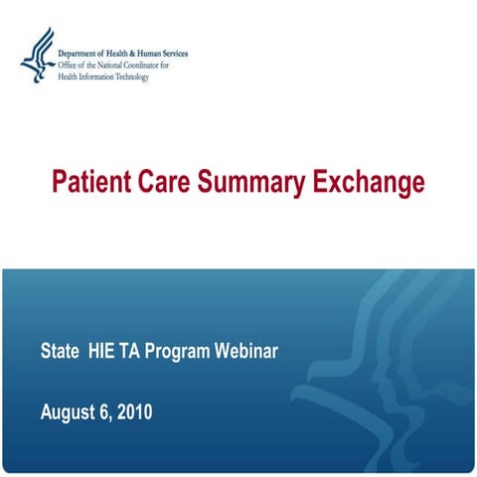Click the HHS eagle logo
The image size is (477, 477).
(x=37, y=57)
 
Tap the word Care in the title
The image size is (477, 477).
(x=166, y=183)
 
